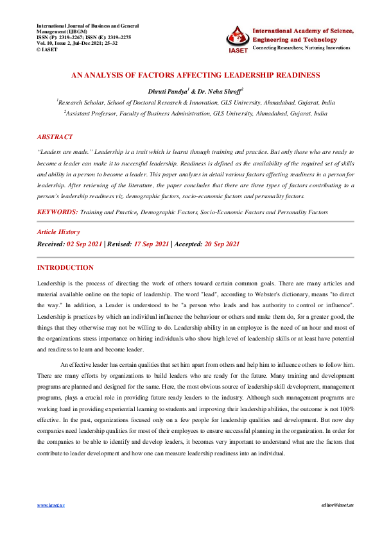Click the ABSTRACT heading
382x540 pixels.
[x=55, y=137]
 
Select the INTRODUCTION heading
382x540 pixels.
[x=65, y=267]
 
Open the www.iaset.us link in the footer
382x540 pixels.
[x=51, y=505]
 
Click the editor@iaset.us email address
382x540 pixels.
[x=337, y=505]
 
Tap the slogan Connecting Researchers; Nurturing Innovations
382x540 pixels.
[x=302, y=48]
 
